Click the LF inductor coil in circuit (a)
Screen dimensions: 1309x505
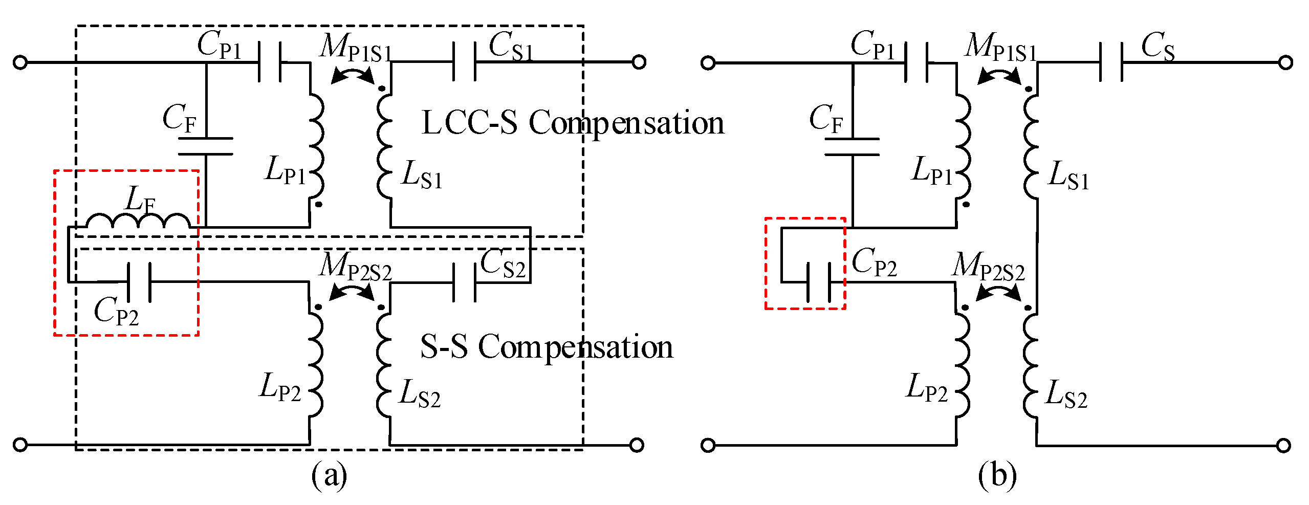(138, 221)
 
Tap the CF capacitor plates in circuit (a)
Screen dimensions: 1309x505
(206, 146)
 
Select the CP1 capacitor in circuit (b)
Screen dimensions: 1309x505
(916, 62)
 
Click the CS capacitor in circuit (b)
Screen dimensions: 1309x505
(1111, 62)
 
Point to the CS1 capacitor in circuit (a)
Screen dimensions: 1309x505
(465, 62)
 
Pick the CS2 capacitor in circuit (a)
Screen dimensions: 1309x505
(465, 282)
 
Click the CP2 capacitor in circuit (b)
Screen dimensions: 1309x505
(818, 282)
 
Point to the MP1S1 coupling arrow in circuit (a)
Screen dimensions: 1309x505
(353, 75)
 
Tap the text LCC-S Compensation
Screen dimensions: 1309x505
(573, 123)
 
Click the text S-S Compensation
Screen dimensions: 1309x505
(547, 346)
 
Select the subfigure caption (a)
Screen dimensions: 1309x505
(329, 476)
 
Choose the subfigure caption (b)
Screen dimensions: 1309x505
(997, 476)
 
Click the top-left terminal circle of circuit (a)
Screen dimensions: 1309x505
(20, 62)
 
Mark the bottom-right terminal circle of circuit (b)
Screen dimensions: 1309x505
(1283, 446)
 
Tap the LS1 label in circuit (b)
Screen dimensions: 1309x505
(1068, 176)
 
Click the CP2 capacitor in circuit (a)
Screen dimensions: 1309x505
(139, 282)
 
